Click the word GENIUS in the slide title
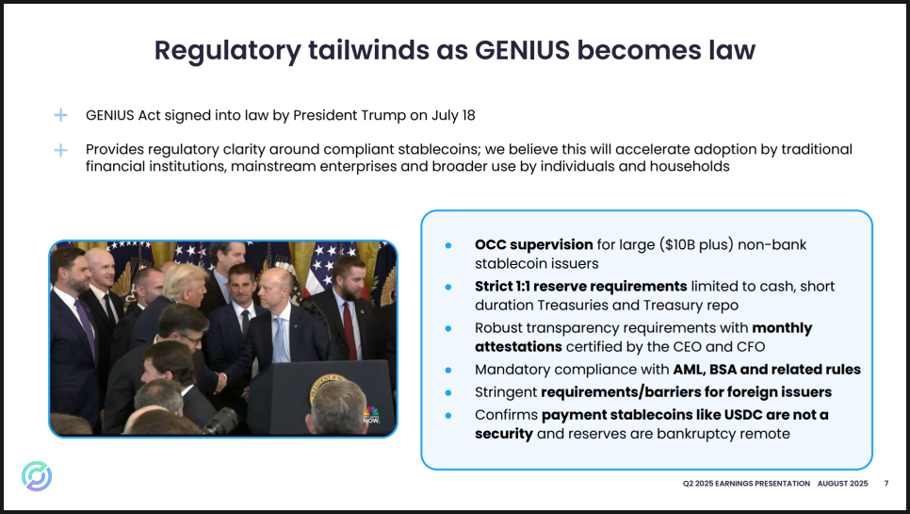[522, 50]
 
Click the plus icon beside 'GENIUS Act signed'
[60, 115]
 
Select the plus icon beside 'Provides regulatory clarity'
[60, 150]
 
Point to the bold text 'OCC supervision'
[534, 244]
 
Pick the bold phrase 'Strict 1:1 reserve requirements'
[581, 287]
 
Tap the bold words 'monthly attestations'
[643, 338]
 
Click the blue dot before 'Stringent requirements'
[448, 392]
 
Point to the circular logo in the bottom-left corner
[37, 476]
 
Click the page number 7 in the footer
[886, 483]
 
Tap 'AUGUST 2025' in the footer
[843, 483]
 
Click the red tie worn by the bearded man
[349, 330]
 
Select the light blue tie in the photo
[279, 340]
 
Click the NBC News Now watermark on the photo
[371, 415]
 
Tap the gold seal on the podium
[326, 389]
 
